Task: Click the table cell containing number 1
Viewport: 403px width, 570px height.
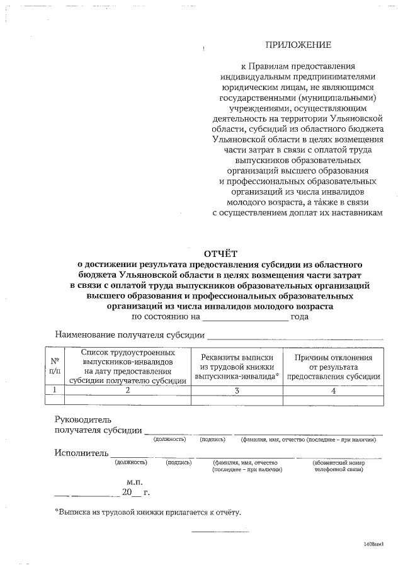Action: [55, 390]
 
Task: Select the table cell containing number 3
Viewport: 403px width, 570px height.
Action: [237, 390]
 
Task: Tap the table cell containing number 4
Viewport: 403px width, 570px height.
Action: [333, 390]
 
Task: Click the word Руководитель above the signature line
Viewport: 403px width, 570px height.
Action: [82, 419]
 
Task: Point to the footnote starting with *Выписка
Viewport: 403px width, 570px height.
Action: [148, 512]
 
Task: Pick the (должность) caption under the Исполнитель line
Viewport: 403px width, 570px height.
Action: [131, 462]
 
